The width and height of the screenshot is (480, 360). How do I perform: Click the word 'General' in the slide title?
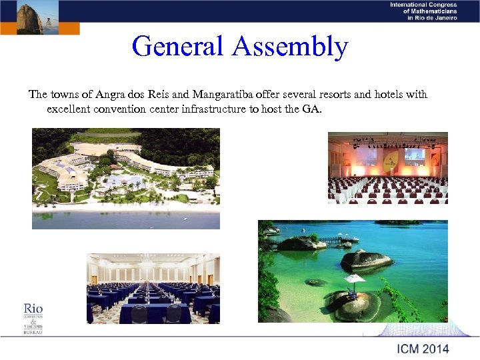click(179, 47)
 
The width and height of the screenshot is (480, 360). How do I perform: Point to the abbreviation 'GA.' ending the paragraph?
click(312, 109)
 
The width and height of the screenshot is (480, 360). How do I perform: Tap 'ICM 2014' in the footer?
click(423, 349)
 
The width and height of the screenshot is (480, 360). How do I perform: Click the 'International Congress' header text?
click(424, 5)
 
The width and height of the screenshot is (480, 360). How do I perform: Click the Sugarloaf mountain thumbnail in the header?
click(29, 17)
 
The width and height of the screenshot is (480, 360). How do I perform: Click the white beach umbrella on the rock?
click(355, 278)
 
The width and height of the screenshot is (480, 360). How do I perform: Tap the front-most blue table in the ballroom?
click(154, 314)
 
